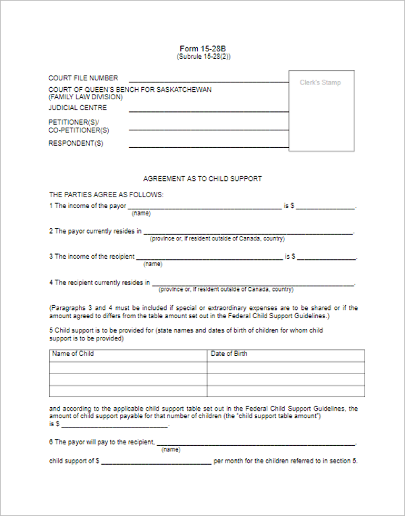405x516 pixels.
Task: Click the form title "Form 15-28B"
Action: (203, 49)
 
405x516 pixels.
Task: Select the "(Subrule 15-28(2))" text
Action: (203, 57)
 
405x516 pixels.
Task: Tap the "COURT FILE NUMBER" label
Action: (83, 78)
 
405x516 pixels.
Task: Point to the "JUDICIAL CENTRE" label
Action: (78, 108)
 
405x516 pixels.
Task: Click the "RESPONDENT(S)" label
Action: (76, 144)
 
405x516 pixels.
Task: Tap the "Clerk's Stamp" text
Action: (320, 83)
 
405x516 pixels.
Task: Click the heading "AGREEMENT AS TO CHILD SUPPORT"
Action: (202, 179)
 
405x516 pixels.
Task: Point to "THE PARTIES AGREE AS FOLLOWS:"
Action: (106, 195)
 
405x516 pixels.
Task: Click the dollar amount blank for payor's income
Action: (325, 207)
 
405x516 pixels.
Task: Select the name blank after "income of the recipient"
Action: (209, 258)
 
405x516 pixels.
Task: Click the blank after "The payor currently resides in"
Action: (248, 232)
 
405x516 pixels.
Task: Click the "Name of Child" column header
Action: (73, 354)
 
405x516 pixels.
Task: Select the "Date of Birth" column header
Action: (229, 354)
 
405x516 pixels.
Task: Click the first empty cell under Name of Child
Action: (128, 367)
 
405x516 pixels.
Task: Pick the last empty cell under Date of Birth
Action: (286, 391)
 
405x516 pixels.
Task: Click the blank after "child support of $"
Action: (157, 462)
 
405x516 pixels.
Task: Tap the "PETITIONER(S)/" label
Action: (74, 122)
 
